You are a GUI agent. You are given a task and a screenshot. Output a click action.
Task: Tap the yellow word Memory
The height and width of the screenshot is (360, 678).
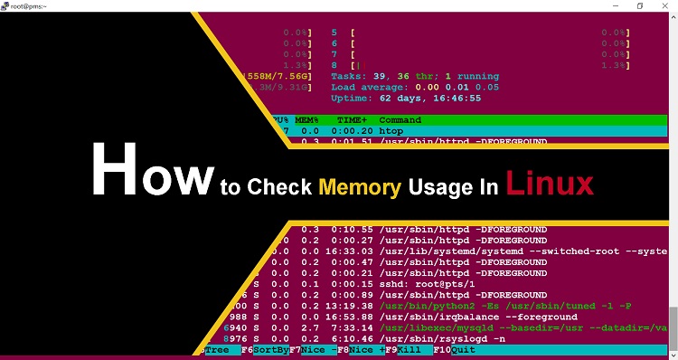[360, 188]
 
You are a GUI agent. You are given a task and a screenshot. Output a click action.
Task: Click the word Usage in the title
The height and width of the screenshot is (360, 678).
[438, 188]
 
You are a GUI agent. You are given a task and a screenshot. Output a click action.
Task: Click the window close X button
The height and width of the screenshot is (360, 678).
[665, 6]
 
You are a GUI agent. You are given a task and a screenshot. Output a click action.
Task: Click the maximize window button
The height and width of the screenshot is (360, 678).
[639, 6]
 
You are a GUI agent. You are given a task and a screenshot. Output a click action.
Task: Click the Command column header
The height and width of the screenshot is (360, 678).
[400, 119]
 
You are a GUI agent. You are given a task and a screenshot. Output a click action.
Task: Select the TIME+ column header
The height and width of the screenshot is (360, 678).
[352, 119]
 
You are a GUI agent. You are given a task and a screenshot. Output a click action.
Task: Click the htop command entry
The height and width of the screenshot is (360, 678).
[392, 130]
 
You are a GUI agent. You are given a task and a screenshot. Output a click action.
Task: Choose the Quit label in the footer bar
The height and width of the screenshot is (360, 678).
[463, 350]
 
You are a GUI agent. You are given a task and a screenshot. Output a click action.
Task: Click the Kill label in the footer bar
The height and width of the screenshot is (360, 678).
[410, 350]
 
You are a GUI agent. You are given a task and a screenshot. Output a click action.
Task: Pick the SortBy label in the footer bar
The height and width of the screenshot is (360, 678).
[271, 350]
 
